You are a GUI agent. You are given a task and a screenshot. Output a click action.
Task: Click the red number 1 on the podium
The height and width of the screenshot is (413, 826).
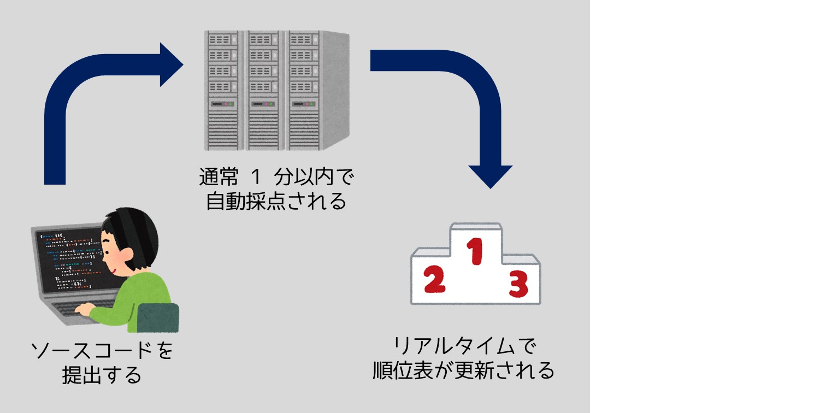[x=475, y=251]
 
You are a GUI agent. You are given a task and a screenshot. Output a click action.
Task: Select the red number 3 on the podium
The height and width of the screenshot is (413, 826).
[x=518, y=284]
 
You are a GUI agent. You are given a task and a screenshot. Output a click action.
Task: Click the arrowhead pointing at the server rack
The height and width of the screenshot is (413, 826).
[x=172, y=64]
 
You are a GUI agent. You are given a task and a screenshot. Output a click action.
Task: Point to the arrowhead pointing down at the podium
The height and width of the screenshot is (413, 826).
[x=490, y=176]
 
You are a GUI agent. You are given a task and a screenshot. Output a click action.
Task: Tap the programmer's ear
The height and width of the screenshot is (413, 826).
[x=126, y=254]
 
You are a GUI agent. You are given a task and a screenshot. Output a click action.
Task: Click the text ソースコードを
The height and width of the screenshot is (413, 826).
[x=102, y=350]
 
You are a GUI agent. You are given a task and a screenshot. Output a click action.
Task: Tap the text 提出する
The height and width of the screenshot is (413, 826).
[x=102, y=375]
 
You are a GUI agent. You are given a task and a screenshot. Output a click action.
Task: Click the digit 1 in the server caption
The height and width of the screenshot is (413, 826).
[x=256, y=176]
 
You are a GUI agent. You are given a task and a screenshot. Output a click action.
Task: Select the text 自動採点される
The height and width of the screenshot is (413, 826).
[x=276, y=201]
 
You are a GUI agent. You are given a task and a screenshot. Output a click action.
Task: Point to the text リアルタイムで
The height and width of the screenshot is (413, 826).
[x=464, y=345]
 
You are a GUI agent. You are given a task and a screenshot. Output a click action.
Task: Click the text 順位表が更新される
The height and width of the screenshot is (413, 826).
[x=463, y=370]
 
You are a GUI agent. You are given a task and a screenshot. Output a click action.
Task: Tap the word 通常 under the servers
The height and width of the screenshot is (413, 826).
[x=219, y=176]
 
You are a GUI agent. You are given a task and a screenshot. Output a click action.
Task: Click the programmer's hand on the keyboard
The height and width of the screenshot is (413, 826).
[x=85, y=309]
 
